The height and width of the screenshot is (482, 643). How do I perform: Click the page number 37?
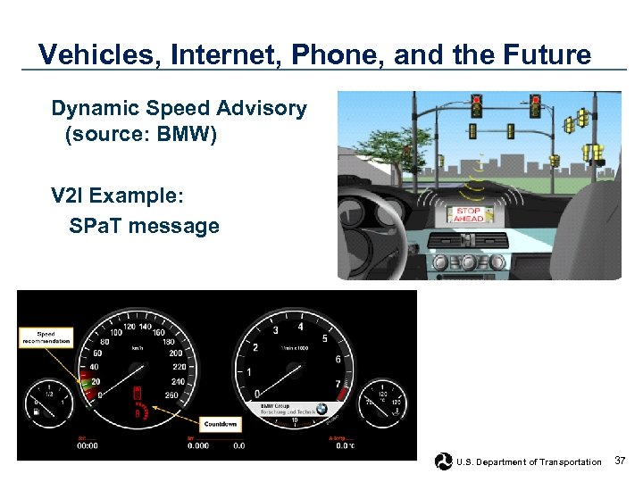click(622, 461)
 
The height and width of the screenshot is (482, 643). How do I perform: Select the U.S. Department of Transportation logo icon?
click(442, 461)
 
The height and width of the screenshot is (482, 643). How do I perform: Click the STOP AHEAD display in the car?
click(468, 215)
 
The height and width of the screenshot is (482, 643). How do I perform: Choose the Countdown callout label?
click(220, 424)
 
